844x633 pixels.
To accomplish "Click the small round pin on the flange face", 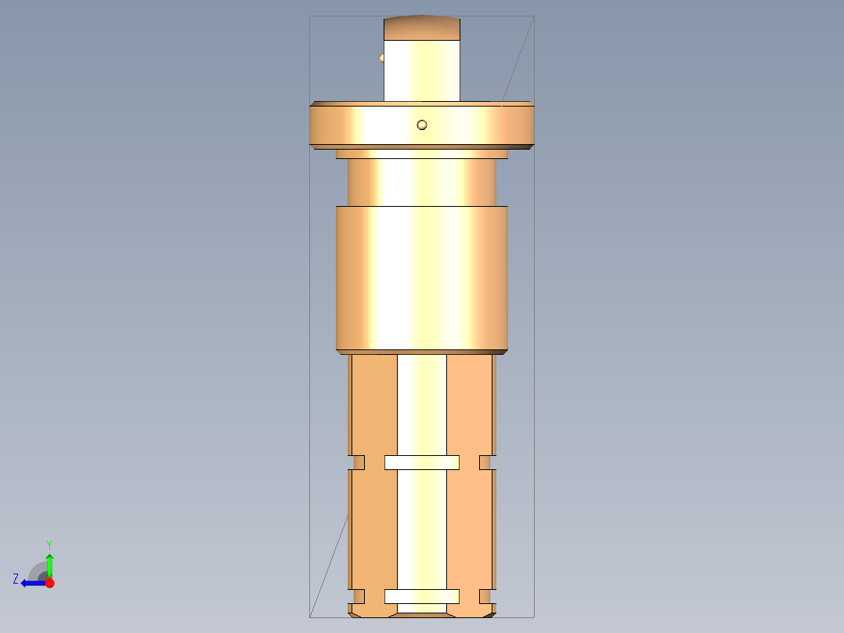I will [x=422, y=125].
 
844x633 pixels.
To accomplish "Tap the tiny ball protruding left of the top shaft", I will [x=382, y=57].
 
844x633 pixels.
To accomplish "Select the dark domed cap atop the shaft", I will [x=422, y=28].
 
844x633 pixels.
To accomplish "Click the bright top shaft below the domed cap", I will [x=422, y=71].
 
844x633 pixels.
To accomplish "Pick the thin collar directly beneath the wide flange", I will [x=422, y=154].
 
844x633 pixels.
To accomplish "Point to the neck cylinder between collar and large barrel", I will [x=422, y=183].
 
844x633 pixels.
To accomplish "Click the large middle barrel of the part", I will [x=422, y=278].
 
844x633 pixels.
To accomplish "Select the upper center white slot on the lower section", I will [x=422, y=462].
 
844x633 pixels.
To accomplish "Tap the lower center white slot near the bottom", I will [x=422, y=596].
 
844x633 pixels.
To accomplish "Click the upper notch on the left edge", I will [x=358, y=462].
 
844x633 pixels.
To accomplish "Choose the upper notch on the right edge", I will [x=487, y=462].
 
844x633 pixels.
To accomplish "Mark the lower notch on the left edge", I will [x=358, y=596].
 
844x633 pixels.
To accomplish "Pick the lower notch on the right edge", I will [x=487, y=596].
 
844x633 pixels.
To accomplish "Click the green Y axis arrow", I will [x=49, y=564].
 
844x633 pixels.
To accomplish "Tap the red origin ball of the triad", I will [x=49, y=583].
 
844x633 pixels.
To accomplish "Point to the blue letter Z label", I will [x=16, y=579].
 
